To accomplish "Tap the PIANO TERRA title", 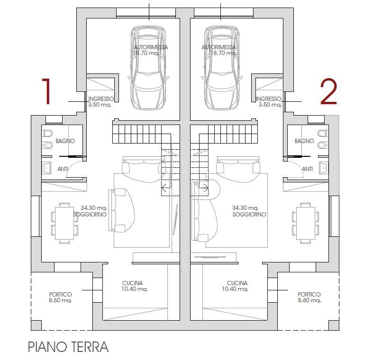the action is click(x=68, y=347).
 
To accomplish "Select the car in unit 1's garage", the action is click(x=148, y=68).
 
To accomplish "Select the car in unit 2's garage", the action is click(x=222, y=68).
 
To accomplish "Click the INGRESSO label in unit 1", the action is click(x=101, y=99).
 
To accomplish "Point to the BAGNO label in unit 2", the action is click(x=304, y=141).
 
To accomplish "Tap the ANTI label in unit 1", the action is click(x=63, y=169).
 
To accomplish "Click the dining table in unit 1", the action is click(x=64, y=223).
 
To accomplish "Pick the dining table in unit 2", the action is click(x=306, y=223).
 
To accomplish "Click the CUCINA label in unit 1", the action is click(x=133, y=283).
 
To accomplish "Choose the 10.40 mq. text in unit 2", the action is click(x=235, y=289).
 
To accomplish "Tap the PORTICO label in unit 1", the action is click(x=60, y=294).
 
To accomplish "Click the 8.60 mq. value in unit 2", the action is click(x=309, y=300).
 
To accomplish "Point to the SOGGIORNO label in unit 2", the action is click(x=249, y=214).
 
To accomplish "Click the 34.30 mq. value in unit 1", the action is click(x=94, y=208).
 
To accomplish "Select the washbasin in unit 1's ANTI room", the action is click(x=47, y=168).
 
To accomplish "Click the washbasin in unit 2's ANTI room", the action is click(x=324, y=168).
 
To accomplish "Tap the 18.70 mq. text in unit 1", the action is click(x=146, y=53).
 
